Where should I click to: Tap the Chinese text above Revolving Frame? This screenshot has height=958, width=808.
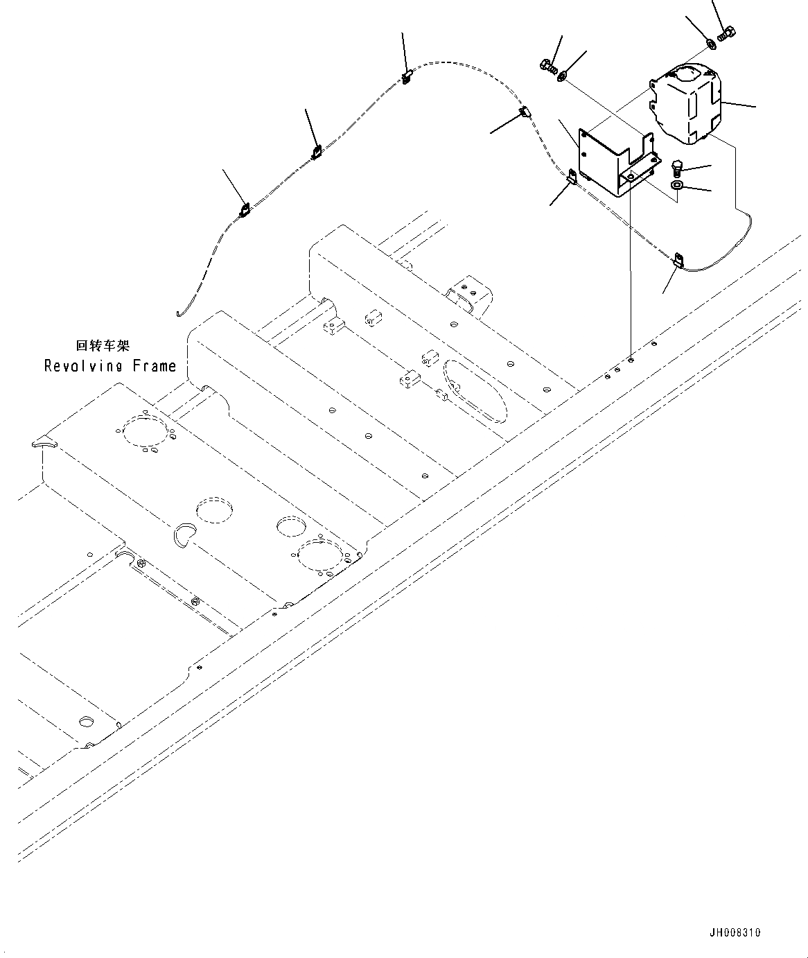pos(103,345)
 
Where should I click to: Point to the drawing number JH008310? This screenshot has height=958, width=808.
pos(734,932)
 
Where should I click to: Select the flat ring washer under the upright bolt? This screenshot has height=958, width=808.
pos(677,186)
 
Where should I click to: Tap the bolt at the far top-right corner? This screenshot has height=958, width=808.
pos(727,32)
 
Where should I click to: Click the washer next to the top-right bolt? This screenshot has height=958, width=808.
pos(711,44)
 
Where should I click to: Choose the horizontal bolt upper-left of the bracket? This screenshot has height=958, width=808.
pos(547,67)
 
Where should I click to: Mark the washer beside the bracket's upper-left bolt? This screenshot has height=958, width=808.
pos(562,72)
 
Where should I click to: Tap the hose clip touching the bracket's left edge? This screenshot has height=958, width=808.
pos(572,177)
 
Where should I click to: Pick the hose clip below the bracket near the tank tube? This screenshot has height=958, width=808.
pos(678,259)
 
